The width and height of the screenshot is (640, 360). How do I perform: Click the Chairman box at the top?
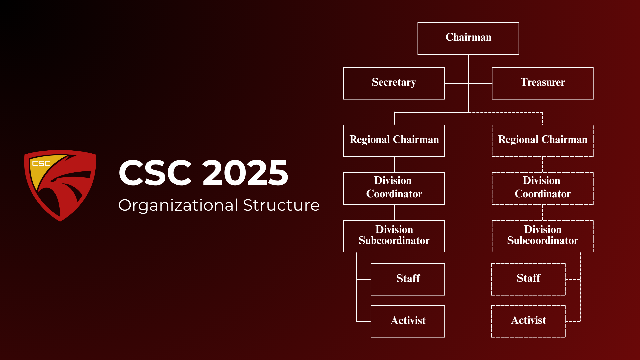tap(468, 38)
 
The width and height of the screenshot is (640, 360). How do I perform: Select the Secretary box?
tap(394, 83)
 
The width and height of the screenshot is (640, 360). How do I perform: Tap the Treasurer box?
tap(543, 83)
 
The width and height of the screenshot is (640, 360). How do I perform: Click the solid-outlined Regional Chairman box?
tap(394, 141)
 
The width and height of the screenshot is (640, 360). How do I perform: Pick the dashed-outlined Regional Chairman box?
tap(543, 141)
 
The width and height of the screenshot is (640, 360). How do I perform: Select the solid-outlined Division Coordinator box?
tap(394, 188)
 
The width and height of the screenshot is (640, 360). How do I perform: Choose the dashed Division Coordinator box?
tap(543, 188)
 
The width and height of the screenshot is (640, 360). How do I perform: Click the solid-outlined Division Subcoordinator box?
tap(394, 236)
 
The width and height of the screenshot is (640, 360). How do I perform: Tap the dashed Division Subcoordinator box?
tap(543, 236)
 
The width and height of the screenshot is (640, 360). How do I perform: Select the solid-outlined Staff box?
tap(408, 279)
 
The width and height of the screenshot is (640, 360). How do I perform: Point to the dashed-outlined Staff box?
tap(528, 279)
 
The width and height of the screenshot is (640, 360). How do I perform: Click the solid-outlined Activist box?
tap(408, 321)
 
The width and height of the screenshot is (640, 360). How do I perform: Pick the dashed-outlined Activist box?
tap(528, 321)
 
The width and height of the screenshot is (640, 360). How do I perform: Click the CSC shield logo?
tap(60, 185)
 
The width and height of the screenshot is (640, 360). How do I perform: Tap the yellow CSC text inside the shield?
tap(41, 163)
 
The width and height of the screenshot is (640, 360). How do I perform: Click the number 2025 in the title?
tap(245, 173)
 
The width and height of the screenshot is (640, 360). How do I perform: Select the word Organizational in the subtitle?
tap(178, 205)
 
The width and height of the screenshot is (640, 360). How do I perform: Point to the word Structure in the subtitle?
tap(281, 205)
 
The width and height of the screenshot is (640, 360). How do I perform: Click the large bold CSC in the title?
tap(155, 173)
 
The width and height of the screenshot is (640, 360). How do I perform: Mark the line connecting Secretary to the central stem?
tap(457, 83)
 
